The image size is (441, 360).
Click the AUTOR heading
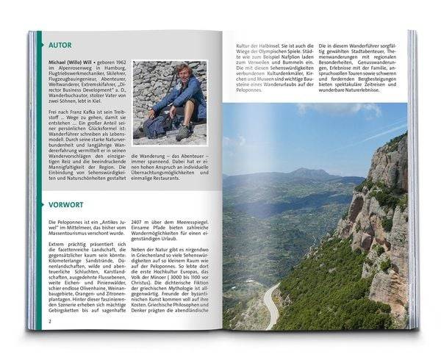click(x=62, y=44)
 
